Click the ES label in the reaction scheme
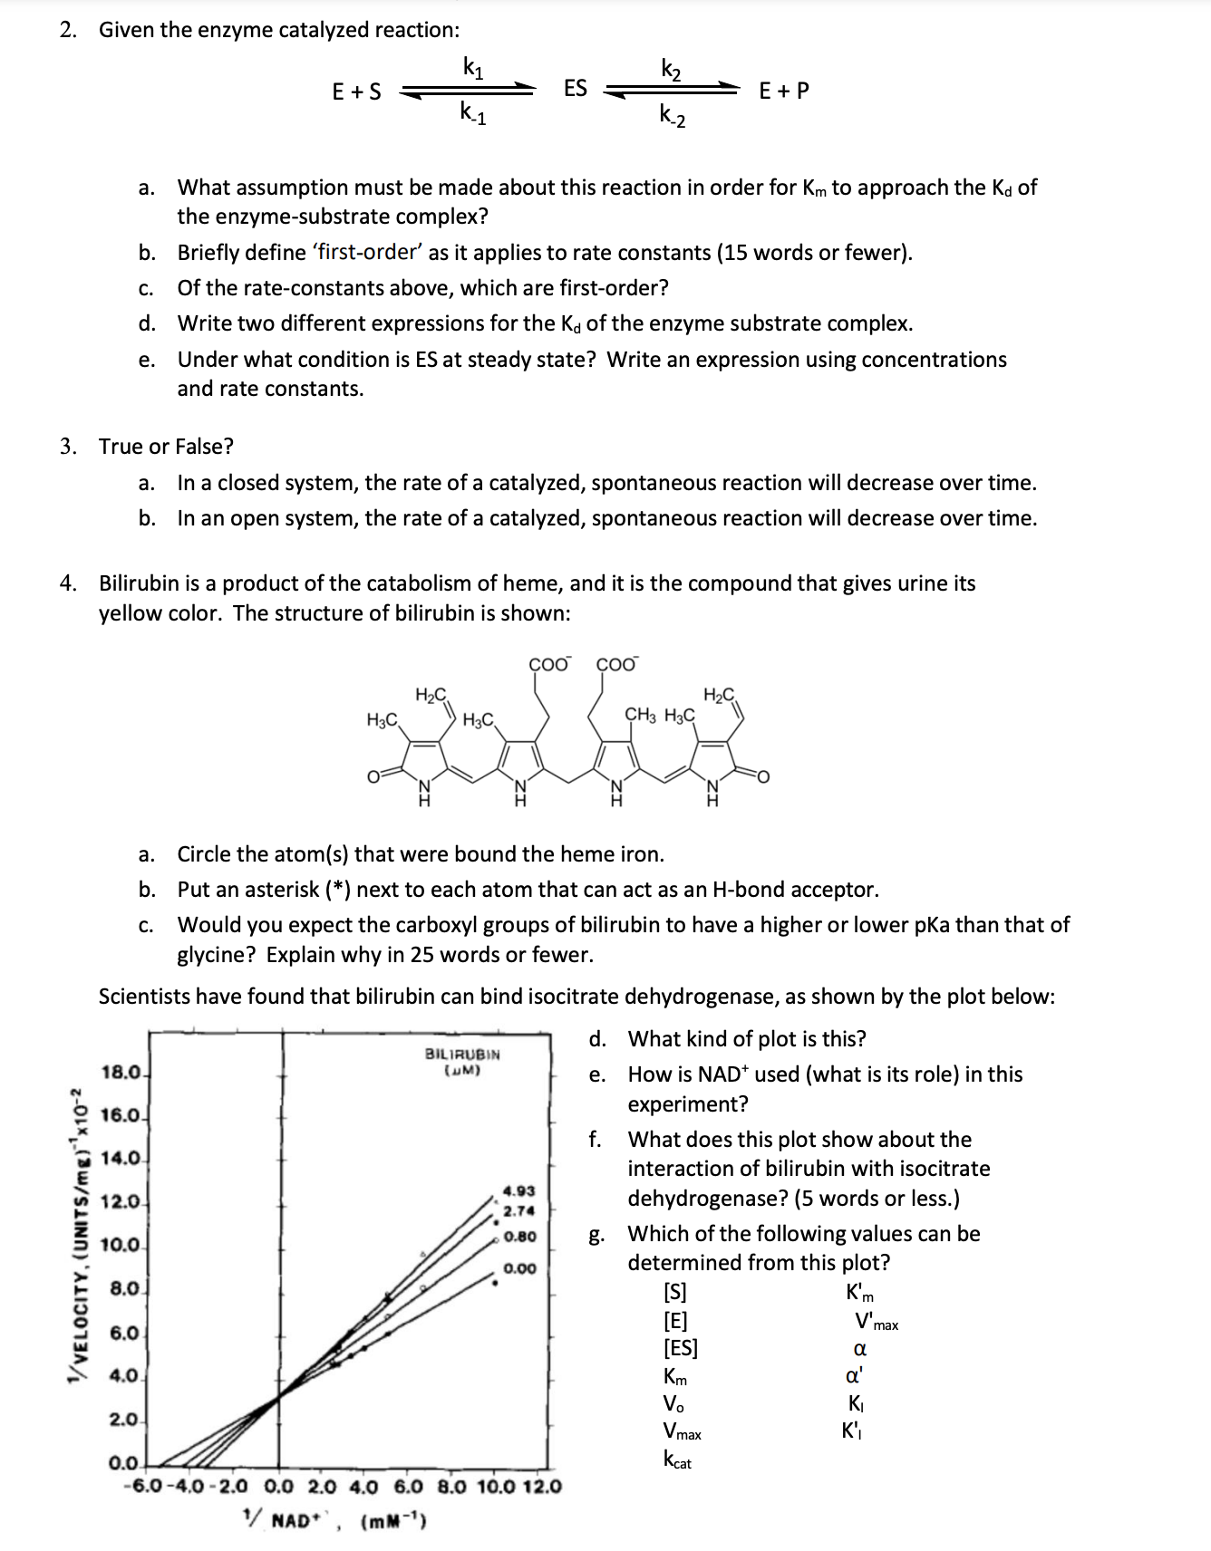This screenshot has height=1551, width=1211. (x=576, y=88)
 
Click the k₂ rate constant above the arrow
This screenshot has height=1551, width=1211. (x=672, y=69)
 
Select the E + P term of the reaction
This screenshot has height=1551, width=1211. (x=784, y=91)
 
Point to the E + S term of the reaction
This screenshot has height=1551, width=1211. (x=356, y=92)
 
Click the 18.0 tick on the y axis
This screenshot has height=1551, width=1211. (x=120, y=1073)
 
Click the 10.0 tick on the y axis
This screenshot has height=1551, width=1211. (x=120, y=1245)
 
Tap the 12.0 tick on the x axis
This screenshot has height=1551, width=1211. (x=540, y=1487)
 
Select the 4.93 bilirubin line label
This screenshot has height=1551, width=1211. (x=519, y=1190)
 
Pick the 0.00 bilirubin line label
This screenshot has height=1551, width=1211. (x=519, y=1268)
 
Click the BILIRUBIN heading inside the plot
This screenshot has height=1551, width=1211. (x=462, y=1055)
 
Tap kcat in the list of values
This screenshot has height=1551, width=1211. (x=677, y=1460)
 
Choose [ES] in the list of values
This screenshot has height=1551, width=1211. (x=681, y=1348)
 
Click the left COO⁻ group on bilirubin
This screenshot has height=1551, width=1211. (x=549, y=664)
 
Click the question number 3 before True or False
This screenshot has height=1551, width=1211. (x=68, y=447)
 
